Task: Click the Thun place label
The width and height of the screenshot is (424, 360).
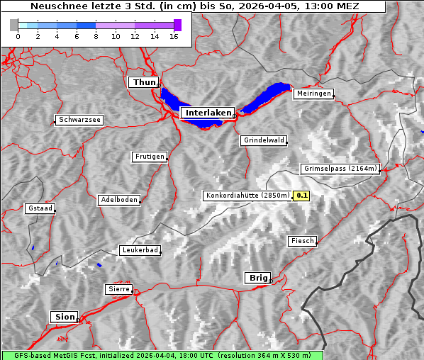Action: tap(144, 83)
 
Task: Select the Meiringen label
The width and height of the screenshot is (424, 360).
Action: tap(313, 94)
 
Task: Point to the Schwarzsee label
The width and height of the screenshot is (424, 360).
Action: tap(79, 120)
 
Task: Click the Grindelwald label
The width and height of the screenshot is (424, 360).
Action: tap(264, 140)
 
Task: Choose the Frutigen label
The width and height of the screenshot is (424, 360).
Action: tap(150, 157)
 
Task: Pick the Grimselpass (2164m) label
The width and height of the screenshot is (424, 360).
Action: tap(341, 169)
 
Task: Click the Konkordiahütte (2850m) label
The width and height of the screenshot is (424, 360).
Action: tap(247, 196)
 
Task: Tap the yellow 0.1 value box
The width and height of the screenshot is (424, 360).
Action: tap(302, 196)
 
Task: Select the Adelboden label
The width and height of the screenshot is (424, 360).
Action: tap(118, 200)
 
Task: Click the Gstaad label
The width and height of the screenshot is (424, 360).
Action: tap(40, 209)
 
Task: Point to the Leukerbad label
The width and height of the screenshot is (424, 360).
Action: tap(140, 250)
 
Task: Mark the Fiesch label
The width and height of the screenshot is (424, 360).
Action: tap(302, 241)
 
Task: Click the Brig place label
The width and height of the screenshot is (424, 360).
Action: tap(257, 278)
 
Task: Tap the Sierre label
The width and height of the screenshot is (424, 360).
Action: tap(118, 289)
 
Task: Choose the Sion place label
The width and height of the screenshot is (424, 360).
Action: tap(63, 317)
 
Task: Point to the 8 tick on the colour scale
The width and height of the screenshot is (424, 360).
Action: tap(96, 36)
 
